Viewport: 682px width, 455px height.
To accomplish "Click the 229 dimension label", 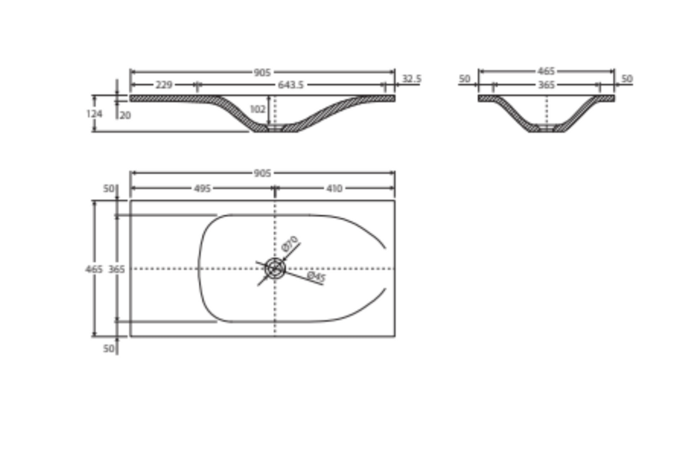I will pyautogui.click(x=163, y=85).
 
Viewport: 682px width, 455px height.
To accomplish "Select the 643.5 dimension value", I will pyautogui.click(x=290, y=85).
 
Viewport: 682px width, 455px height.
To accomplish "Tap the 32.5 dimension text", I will pyautogui.click(x=411, y=79).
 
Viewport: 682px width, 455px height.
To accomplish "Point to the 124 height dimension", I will pyautogui.click(x=94, y=114).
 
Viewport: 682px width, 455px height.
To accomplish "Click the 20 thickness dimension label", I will pyautogui.click(x=125, y=115).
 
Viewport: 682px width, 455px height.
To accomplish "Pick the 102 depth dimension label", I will pyautogui.click(x=257, y=109).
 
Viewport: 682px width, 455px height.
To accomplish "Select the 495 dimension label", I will pyautogui.click(x=202, y=188).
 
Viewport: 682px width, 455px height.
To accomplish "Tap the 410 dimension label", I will pyautogui.click(x=334, y=188).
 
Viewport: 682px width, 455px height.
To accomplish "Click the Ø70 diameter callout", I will pyautogui.click(x=290, y=244).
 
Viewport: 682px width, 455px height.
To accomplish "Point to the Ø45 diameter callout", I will pyautogui.click(x=316, y=277).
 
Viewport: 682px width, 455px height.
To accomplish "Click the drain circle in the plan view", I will pyautogui.click(x=275, y=268).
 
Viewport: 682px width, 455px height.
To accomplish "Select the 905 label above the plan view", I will pyautogui.click(x=262, y=173).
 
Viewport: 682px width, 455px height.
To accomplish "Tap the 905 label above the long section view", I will pyautogui.click(x=262, y=72).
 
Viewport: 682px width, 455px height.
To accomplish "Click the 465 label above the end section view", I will pyautogui.click(x=546, y=71).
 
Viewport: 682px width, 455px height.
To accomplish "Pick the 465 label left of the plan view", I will pyautogui.click(x=94, y=269).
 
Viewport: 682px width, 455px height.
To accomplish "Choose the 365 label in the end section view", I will pyautogui.click(x=546, y=85).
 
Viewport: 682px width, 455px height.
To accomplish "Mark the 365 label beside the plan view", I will pyautogui.click(x=116, y=269).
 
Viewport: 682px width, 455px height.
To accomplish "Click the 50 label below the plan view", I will pyautogui.click(x=109, y=349).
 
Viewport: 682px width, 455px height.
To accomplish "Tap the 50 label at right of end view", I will pyautogui.click(x=627, y=79).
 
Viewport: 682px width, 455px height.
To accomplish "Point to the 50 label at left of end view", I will pyautogui.click(x=465, y=79).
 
